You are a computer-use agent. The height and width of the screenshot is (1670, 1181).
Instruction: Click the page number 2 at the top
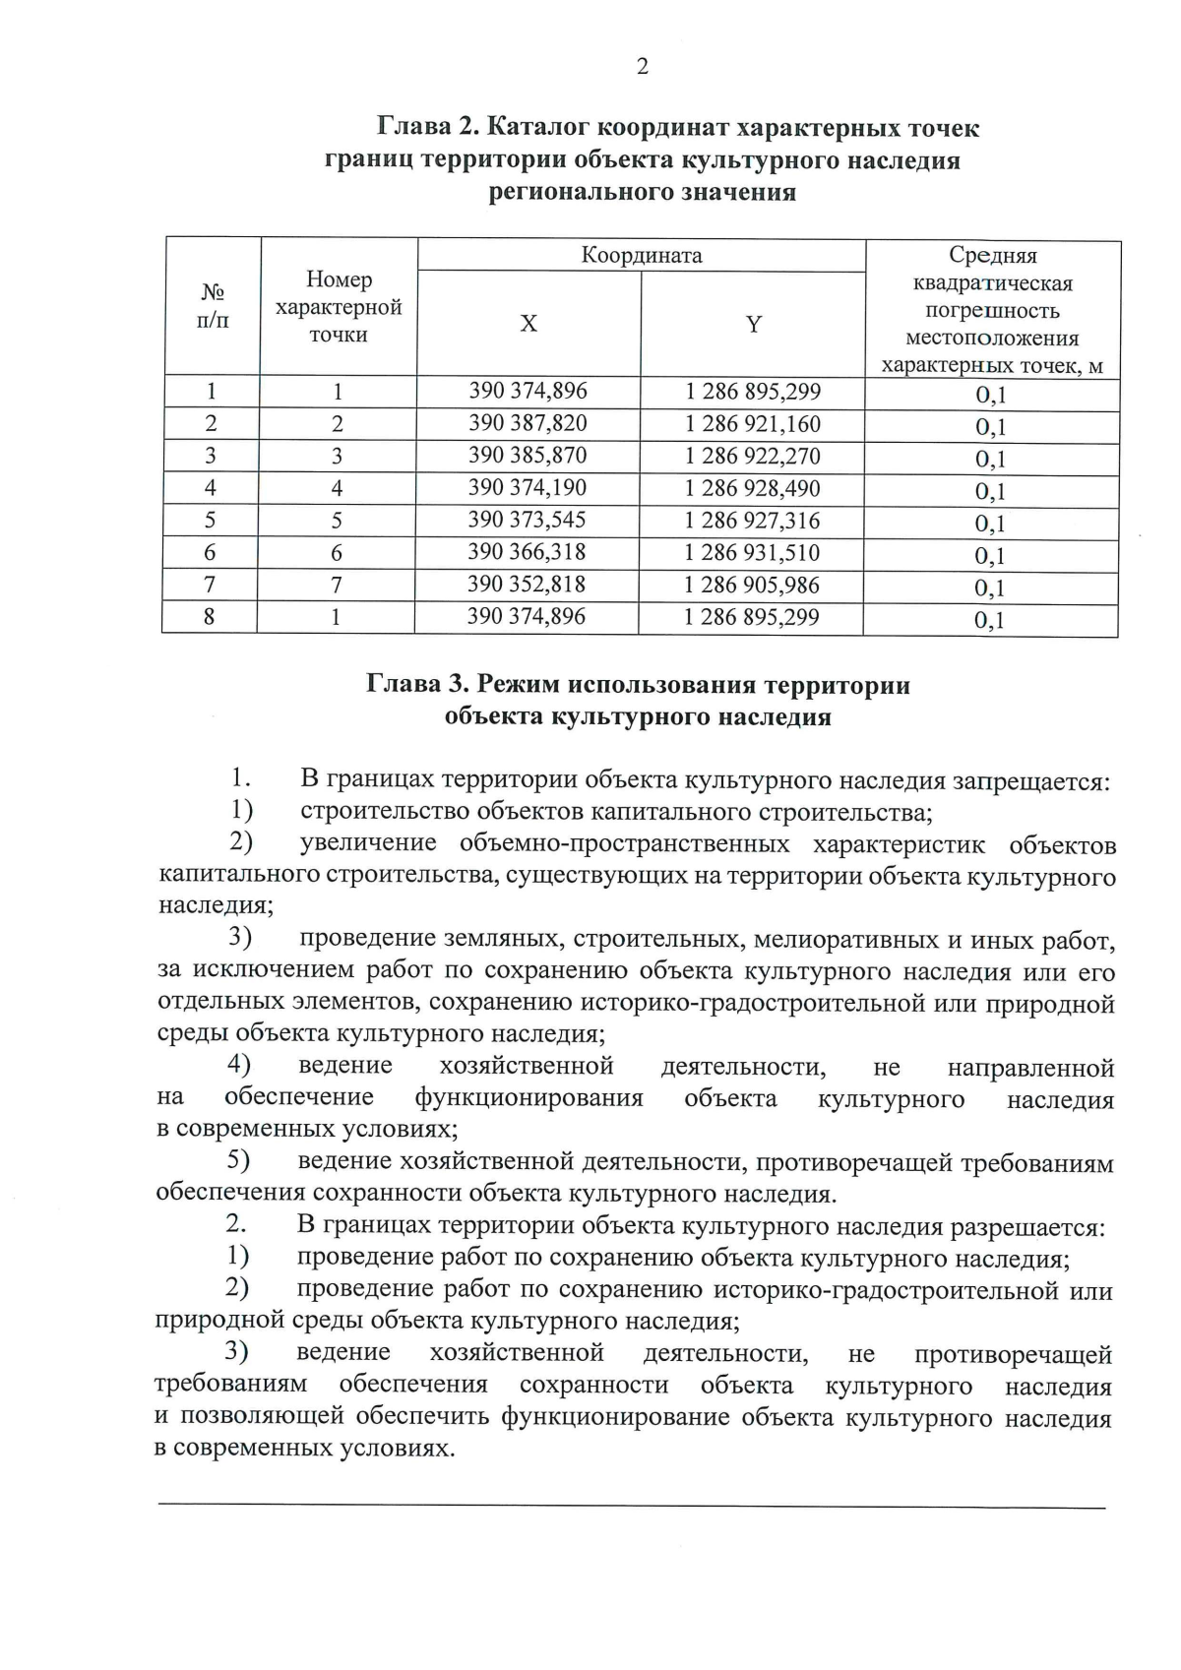pos(642,67)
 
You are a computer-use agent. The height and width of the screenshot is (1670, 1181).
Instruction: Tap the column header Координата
pos(642,256)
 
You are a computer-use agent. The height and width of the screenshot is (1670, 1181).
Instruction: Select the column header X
pos(528,324)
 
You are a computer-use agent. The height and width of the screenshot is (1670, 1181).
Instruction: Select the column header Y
pos(753,324)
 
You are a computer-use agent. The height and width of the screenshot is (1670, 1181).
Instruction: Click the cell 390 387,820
pos(528,423)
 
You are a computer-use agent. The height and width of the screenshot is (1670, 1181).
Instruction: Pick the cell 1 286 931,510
pos(752,552)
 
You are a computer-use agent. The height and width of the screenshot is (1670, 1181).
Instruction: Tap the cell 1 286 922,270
pos(753,456)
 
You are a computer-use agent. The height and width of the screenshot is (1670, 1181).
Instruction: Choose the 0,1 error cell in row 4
pos(990,491)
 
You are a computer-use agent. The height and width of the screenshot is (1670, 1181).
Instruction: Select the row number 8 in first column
pos(209,617)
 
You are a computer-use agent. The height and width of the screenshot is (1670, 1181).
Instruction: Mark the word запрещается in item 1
pos(1029,781)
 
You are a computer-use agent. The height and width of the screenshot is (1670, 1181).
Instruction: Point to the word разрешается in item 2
pos(1026,1227)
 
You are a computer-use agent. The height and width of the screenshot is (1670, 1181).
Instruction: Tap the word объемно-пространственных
pos(624,844)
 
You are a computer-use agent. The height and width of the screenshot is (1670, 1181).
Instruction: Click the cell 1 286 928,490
pos(753,488)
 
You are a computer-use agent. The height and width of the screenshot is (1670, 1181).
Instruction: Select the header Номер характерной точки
pos(339,307)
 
